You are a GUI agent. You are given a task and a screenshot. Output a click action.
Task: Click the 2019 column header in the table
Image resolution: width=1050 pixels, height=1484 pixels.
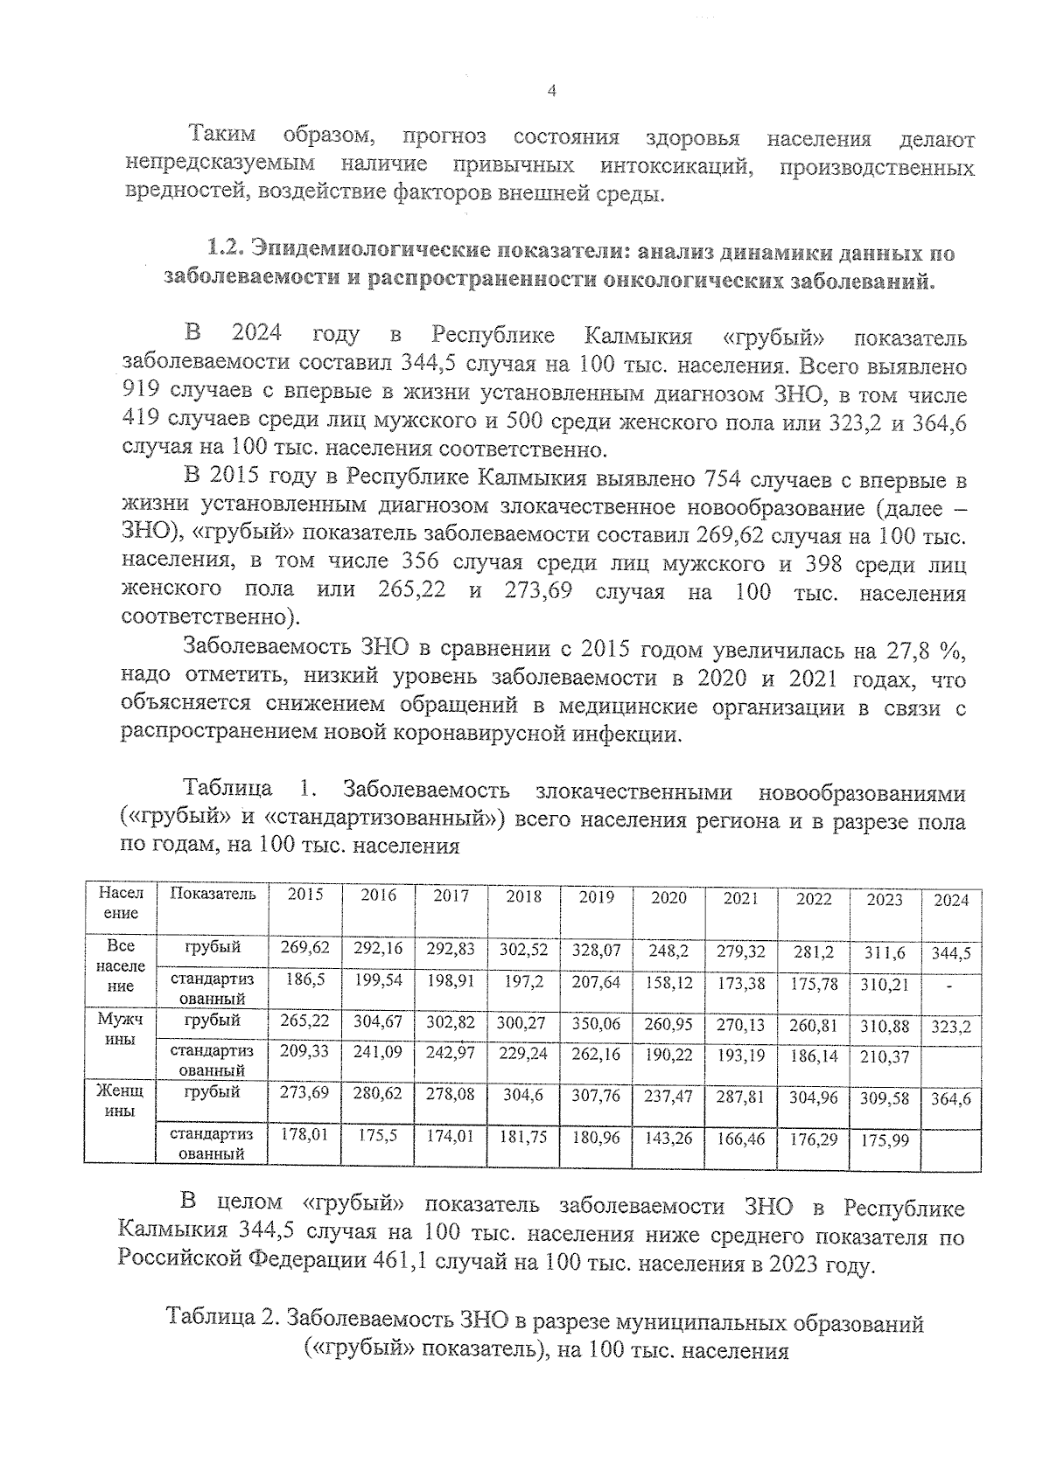[596, 896]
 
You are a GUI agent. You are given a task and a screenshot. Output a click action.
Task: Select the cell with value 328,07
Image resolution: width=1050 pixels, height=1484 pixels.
[596, 951]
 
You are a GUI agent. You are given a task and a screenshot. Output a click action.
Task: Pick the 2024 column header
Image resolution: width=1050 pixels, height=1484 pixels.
[951, 900]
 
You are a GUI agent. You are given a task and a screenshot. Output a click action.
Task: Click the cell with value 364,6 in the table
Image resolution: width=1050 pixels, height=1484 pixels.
[951, 1099]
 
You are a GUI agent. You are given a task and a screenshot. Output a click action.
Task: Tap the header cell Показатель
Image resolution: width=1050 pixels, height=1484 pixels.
[213, 893]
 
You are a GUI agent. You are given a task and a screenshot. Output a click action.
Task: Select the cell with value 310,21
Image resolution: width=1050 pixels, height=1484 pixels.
[884, 986]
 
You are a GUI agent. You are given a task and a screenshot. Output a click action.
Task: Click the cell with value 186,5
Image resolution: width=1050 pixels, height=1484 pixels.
[305, 981]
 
